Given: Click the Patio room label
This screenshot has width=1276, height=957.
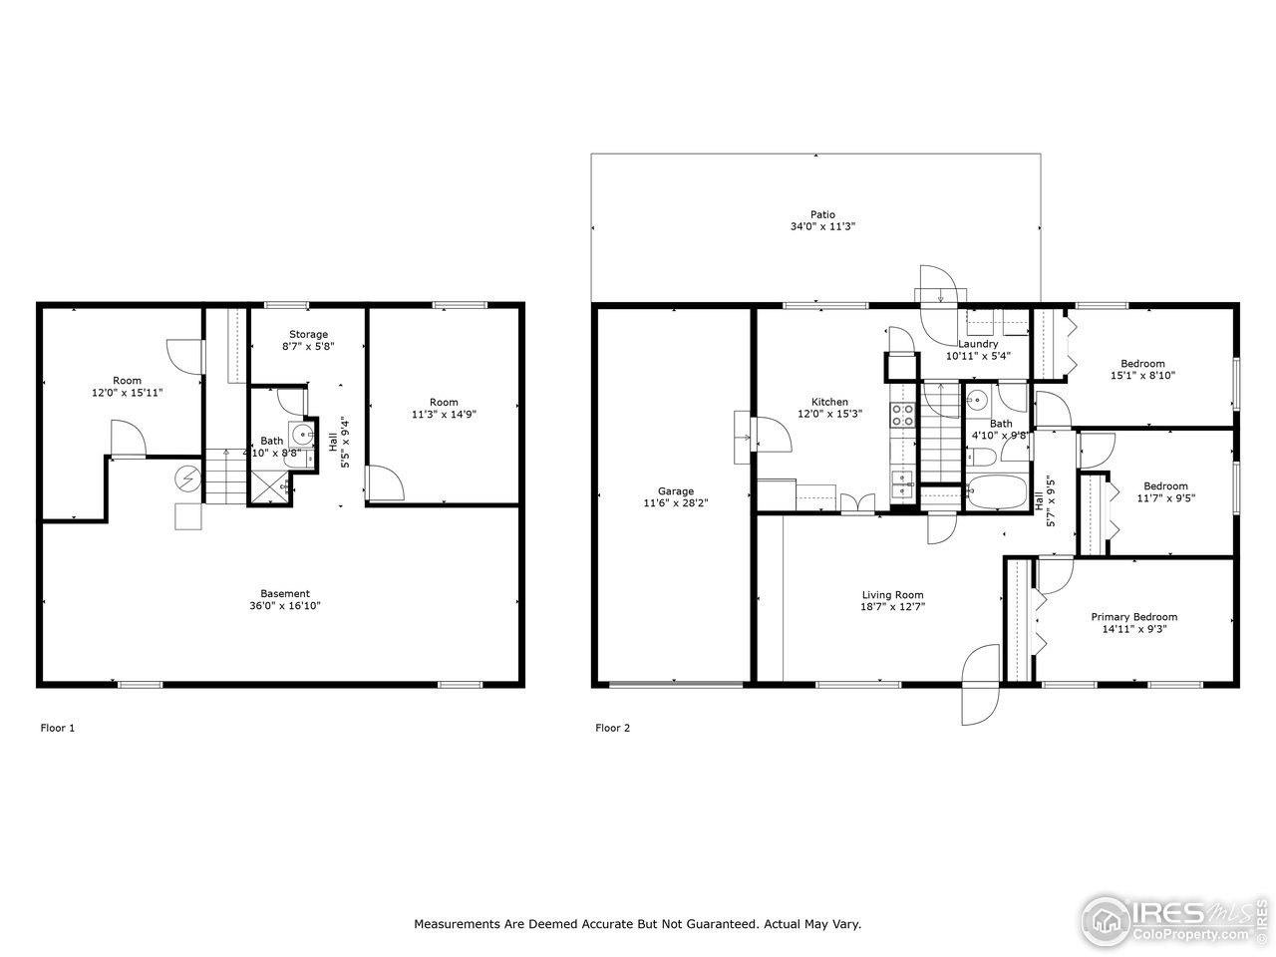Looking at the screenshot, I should (x=822, y=214).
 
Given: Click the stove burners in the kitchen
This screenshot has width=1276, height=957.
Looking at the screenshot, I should (x=902, y=415).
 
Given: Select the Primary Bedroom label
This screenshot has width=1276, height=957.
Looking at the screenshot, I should (x=1133, y=617).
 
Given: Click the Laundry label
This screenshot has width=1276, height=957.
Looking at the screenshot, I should (x=978, y=344).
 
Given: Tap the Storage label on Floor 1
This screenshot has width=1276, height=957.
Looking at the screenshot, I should (x=308, y=334).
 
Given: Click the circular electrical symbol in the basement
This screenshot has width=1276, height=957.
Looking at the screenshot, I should (x=187, y=479).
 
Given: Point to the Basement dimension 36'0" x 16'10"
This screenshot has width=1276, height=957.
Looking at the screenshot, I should (x=285, y=605).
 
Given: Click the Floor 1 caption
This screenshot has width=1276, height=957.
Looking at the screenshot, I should (x=57, y=728).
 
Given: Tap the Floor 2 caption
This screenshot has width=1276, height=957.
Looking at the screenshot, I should (x=612, y=728).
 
